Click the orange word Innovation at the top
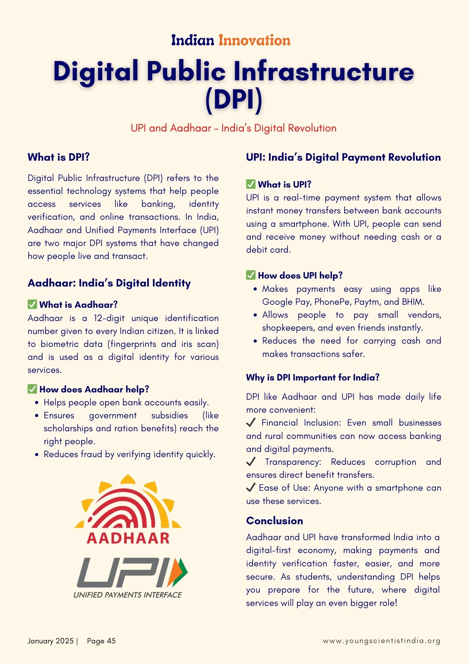pos(254,41)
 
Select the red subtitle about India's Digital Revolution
pos(234,128)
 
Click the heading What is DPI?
pos(59,157)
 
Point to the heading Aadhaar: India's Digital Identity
pos(109,283)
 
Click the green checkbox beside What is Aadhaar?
pos(32,304)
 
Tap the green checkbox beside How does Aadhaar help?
pos(32,389)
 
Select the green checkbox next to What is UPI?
pos(251,184)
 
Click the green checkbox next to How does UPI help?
pos(251,275)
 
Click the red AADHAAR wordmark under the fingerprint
pos(128,538)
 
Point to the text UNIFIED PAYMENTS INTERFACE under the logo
pos(128,595)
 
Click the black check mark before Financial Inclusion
pos(251,422)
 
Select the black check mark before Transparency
pos(251,461)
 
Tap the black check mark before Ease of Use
pos(251,487)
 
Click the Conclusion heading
pos(274,521)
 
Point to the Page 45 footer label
pos(101,641)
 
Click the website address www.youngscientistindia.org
pos(381,641)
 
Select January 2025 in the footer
pos(50,641)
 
